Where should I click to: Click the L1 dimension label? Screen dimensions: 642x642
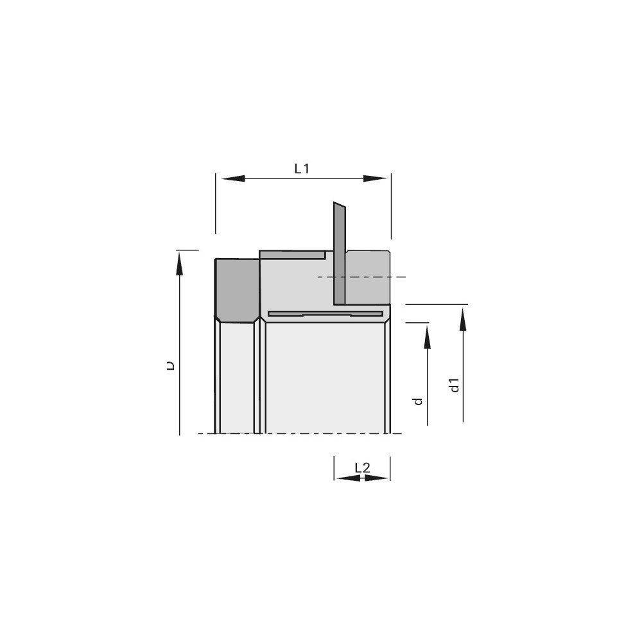pos(302,168)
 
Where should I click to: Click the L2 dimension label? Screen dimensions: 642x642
pos(362,467)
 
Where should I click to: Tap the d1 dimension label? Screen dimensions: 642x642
pos(455,385)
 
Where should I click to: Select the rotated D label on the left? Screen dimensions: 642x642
pos(171,365)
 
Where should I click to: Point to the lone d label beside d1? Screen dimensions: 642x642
pos(418,401)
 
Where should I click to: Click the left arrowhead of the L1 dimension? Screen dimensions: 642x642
pos(233,178)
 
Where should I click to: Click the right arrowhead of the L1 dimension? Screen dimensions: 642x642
pos(375,178)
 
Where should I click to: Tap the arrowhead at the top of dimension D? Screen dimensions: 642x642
pos(179,263)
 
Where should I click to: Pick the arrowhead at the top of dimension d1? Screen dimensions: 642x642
pos(463,319)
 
